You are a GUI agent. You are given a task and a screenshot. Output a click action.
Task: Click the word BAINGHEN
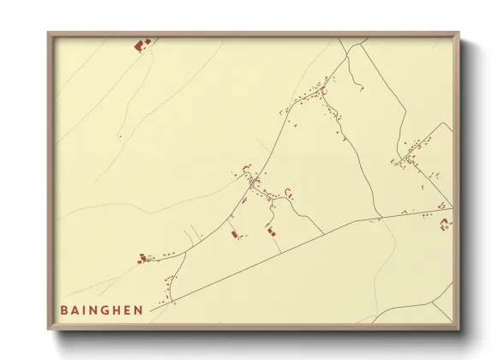pos(102,309)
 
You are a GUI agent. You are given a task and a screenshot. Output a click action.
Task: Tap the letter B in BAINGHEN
pos(64,309)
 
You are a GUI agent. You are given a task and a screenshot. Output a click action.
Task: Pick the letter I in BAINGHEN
pos(86,309)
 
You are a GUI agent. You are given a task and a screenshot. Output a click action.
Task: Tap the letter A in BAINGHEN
pos(75,309)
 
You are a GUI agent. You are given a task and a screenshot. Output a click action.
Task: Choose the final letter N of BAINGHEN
pos(139,309)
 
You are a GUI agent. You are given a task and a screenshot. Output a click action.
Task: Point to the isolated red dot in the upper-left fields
pos(121,136)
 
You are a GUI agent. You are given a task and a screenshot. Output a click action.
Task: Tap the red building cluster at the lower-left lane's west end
pos(143,257)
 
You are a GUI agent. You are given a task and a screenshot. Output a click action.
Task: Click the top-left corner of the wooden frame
pos(49,33)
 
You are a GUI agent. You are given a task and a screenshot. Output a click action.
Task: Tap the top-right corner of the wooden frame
pos(459,33)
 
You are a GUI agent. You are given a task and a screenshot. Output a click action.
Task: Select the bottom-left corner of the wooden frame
pos(49,330)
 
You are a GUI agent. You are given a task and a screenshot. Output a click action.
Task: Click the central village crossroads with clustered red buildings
pos(253,183)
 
